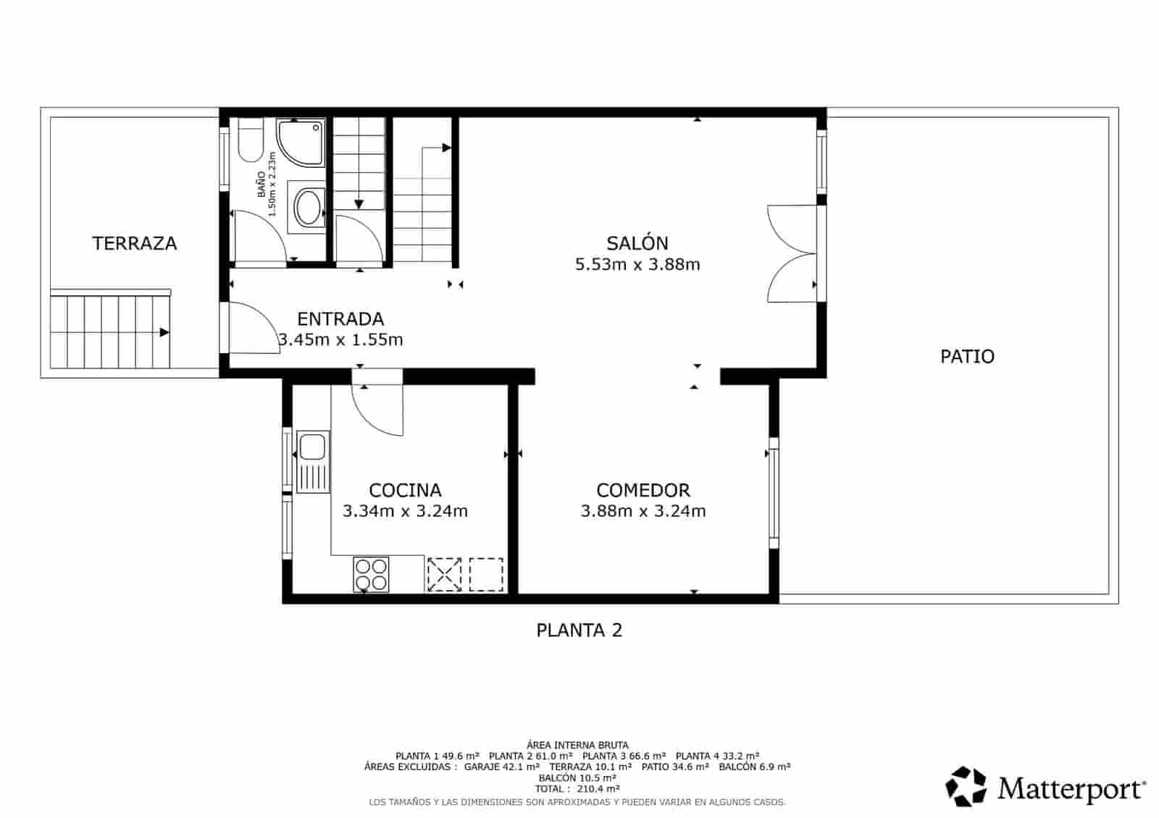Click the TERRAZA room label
pos(134,243)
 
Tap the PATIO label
pos(967,356)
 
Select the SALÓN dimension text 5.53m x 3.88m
pos(637,264)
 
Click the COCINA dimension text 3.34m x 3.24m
pos(405,511)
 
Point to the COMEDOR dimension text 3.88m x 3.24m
pos(643,511)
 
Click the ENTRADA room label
pos(340,319)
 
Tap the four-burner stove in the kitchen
pos(371,574)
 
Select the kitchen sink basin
pos(313,447)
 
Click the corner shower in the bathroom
pos(300,143)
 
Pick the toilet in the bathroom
pos(250,143)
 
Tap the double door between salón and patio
pos(793,253)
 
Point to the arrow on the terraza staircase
pos(164,332)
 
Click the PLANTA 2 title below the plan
pos(579,631)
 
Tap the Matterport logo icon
pos(967,786)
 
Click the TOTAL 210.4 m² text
pos(577,789)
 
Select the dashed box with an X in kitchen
pos(443,574)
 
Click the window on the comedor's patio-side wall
pos(774,492)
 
